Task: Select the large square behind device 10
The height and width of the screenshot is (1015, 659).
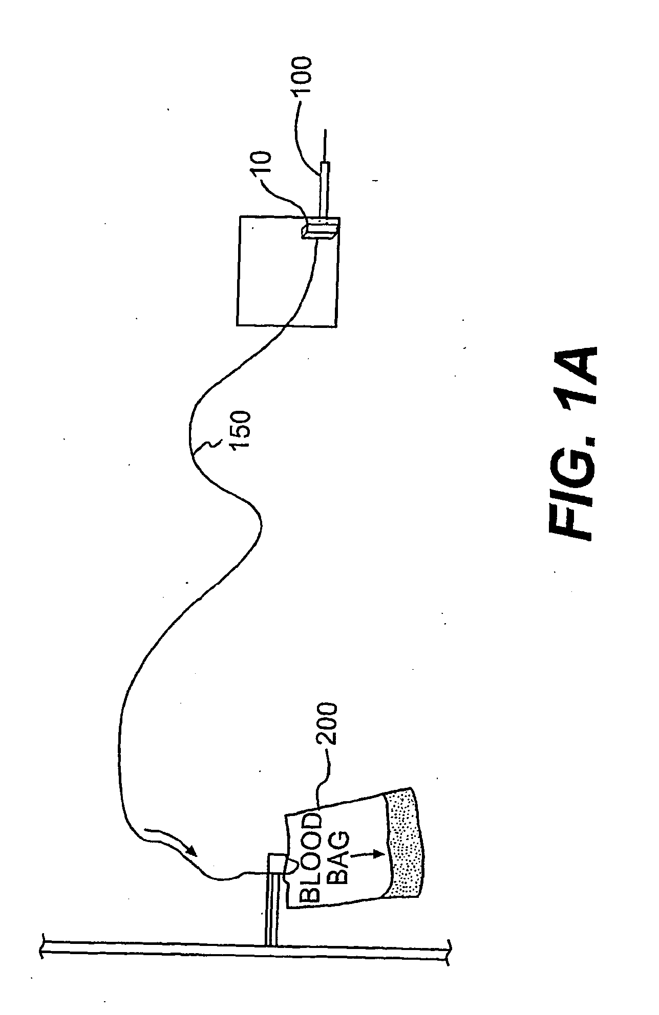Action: (x=287, y=271)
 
